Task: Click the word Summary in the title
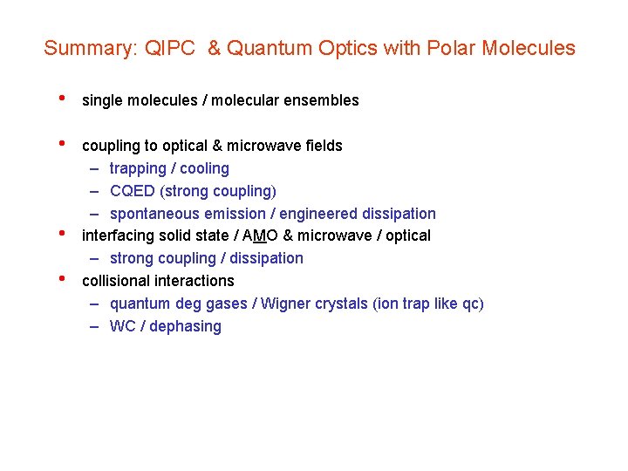(x=83, y=49)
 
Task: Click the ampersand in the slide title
(x=213, y=48)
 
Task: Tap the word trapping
(x=138, y=168)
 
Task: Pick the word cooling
(x=204, y=168)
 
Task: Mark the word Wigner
(x=284, y=304)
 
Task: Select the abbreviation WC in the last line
(x=122, y=326)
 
